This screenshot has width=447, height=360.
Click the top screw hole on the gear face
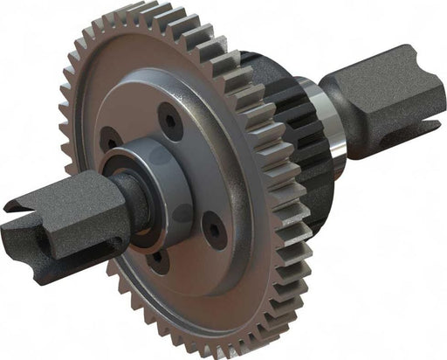point(171,121)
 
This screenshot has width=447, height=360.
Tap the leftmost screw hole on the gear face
point(111,140)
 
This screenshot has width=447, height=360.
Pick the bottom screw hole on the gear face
point(157,260)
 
